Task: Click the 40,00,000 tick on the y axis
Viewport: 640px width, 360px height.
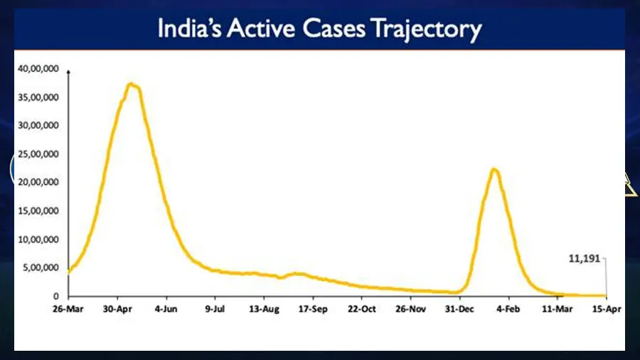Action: [x=38, y=69]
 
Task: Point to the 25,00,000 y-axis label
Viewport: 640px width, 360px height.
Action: [x=38, y=154]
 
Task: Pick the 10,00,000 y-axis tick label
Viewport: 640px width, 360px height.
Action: [x=38, y=240]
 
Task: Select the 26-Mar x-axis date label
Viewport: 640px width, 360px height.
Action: [x=68, y=310]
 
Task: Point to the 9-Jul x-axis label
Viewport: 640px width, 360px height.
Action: [x=215, y=310]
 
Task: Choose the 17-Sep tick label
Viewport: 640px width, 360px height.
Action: [x=313, y=310]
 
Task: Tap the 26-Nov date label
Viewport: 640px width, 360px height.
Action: [x=410, y=310]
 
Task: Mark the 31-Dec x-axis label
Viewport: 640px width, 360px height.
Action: [x=459, y=310]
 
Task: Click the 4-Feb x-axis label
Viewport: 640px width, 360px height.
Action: [x=508, y=310]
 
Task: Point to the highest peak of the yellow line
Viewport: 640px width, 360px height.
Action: [x=131, y=85]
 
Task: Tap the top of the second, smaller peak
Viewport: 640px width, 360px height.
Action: [x=494, y=169]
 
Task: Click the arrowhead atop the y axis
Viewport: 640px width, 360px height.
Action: [x=69, y=72]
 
